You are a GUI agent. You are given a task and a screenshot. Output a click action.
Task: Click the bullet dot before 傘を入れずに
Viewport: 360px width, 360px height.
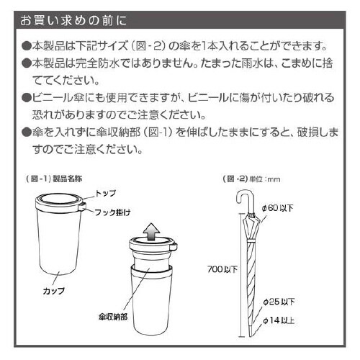point(27,133)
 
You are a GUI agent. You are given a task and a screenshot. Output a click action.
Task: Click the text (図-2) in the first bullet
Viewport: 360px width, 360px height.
point(161,45)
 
